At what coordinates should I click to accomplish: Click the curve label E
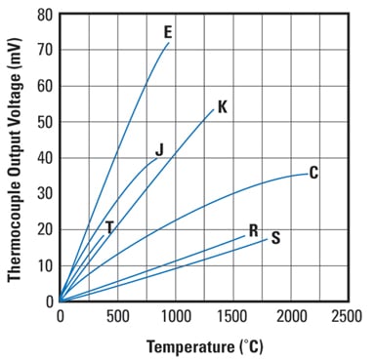coord(169,32)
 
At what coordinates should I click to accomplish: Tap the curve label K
coord(222,107)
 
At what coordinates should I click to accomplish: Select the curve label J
coord(158,150)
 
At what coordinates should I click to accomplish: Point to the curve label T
coord(109,227)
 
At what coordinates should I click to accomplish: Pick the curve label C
coord(313,173)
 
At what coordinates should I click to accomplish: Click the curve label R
coord(253,231)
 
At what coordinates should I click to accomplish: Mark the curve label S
coord(275,238)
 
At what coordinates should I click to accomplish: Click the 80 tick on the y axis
coord(45,15)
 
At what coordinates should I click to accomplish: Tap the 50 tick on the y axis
coord(45,122)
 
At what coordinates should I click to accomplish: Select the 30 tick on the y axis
coord(45,193)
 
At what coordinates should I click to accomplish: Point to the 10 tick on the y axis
coord(45,265)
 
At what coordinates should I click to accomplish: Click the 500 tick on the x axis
coord(117,316)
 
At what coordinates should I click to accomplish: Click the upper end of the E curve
coord(169,43)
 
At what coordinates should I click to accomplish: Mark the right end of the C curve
coord(306,174)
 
